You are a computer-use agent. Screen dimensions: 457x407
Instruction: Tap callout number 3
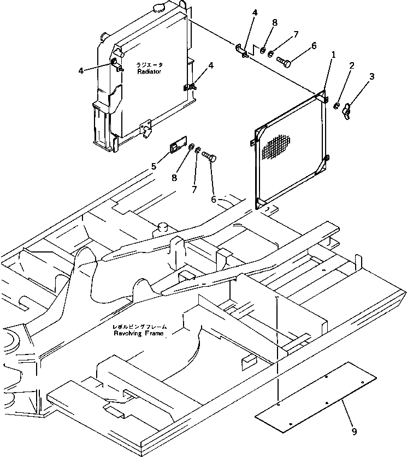click(372, 77)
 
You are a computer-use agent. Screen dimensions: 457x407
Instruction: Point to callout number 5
click(154, 166)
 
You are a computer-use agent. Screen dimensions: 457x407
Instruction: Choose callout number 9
click(355, 432)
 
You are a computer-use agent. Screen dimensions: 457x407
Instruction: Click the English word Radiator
click(149, 71)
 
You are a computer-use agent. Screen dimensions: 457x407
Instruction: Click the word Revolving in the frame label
click(127, 333)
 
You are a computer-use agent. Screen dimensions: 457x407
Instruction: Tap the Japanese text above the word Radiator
click(149, 65)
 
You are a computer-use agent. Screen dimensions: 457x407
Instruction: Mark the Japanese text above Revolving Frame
click(139, 327)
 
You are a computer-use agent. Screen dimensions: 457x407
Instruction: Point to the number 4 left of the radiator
click(81, 70)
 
